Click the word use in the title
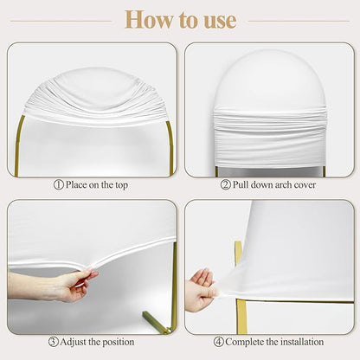point(221,21)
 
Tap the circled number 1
point(59,184)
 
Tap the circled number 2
point(225,184)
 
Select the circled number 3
point(54,342)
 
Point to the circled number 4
point(219,342)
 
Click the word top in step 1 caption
point(121,185)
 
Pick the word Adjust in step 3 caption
point(74,343)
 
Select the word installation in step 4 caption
point(302,342)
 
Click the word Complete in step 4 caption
point(245,343)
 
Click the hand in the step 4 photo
point(201,289)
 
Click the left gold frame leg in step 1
point(18,145)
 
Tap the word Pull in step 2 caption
point(241,184)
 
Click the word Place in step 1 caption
point(76,184)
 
